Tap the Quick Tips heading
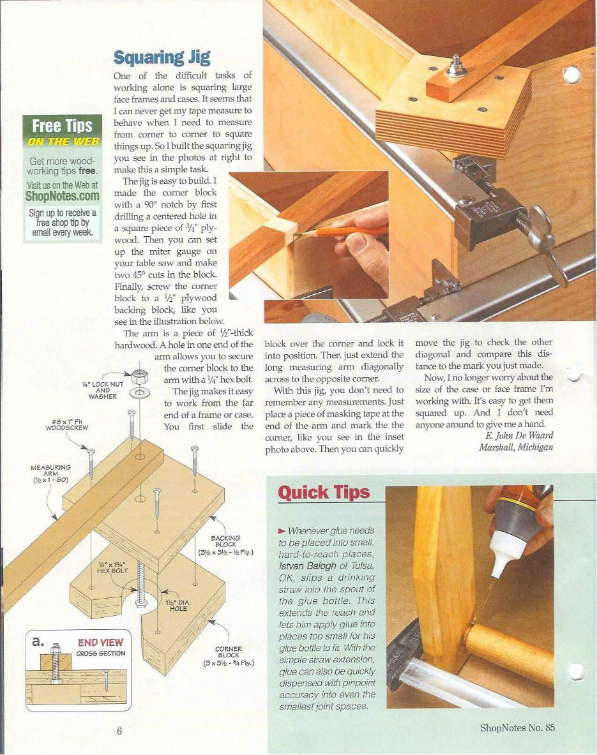324,493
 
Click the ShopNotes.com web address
62,196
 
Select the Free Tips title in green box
62,126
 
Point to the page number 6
119,731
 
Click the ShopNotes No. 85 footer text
518,728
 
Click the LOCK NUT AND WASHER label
103,389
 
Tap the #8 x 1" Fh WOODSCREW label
61,425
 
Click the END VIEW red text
100,642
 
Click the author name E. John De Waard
518,435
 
